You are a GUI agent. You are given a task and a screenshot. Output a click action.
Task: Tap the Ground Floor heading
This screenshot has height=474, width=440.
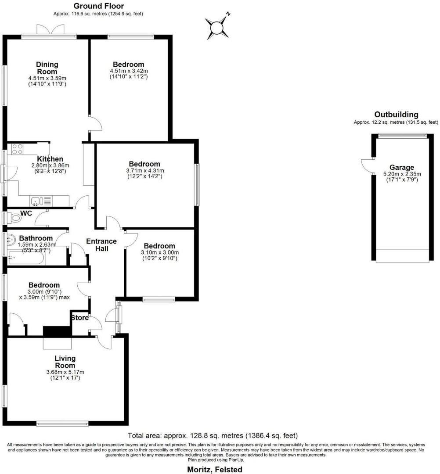pos(98,6)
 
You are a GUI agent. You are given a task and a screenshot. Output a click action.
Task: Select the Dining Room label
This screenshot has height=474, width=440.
pos(47,68)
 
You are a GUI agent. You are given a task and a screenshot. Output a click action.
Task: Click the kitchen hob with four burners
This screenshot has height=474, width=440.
pos(18,149)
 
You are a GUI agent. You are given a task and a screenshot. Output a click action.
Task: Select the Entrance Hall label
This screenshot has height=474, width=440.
pos(101,245)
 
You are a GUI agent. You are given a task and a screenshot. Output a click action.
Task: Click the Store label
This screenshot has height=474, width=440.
pos(79,317)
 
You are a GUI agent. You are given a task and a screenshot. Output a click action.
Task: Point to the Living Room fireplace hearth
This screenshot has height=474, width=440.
pos(57,343)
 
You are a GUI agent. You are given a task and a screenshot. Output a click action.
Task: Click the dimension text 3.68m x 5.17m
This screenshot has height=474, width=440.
pos(65,372)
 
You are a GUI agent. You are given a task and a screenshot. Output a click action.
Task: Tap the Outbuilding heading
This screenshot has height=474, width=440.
pos(396,115)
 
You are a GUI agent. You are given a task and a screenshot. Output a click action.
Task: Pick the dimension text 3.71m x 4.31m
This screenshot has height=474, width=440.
pos(143,171)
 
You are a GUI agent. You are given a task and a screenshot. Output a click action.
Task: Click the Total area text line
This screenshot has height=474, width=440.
pos(213,436)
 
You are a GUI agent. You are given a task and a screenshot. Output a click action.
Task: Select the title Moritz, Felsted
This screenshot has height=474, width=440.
pos(213,469)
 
